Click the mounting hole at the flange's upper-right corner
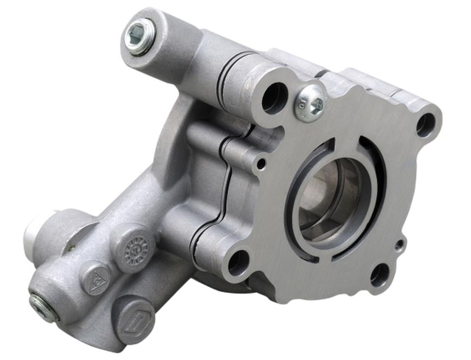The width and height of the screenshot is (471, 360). click(426, 125)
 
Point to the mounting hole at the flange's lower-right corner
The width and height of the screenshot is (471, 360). click(381, 275)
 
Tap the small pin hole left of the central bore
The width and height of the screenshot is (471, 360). click(262, 162)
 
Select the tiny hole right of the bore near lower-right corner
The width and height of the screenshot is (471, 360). click(399, 245)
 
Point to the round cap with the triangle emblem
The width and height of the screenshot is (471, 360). click(97, 280)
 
